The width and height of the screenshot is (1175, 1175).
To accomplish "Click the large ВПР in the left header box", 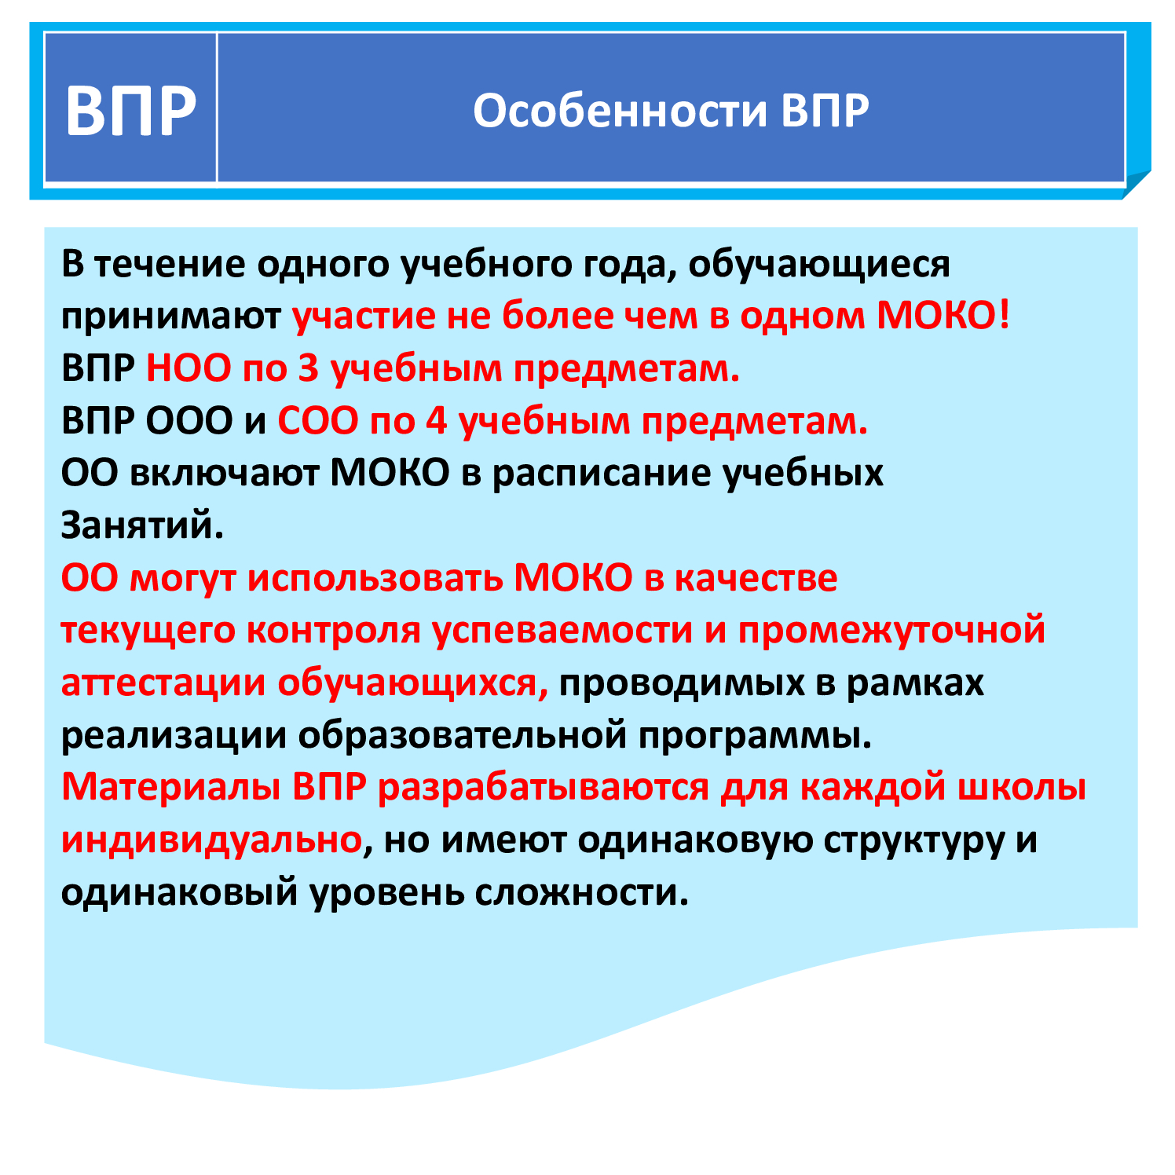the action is (130, 111).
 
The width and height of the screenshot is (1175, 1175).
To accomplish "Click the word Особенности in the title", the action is (620, 111).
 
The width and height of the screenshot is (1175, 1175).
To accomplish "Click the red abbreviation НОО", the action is (189, 368).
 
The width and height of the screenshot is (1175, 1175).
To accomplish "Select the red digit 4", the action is (436, 422).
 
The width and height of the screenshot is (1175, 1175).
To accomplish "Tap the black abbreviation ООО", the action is (189, 422).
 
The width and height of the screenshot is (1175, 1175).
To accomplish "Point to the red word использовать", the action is (375, 579).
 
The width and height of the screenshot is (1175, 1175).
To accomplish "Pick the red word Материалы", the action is (170, 788).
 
